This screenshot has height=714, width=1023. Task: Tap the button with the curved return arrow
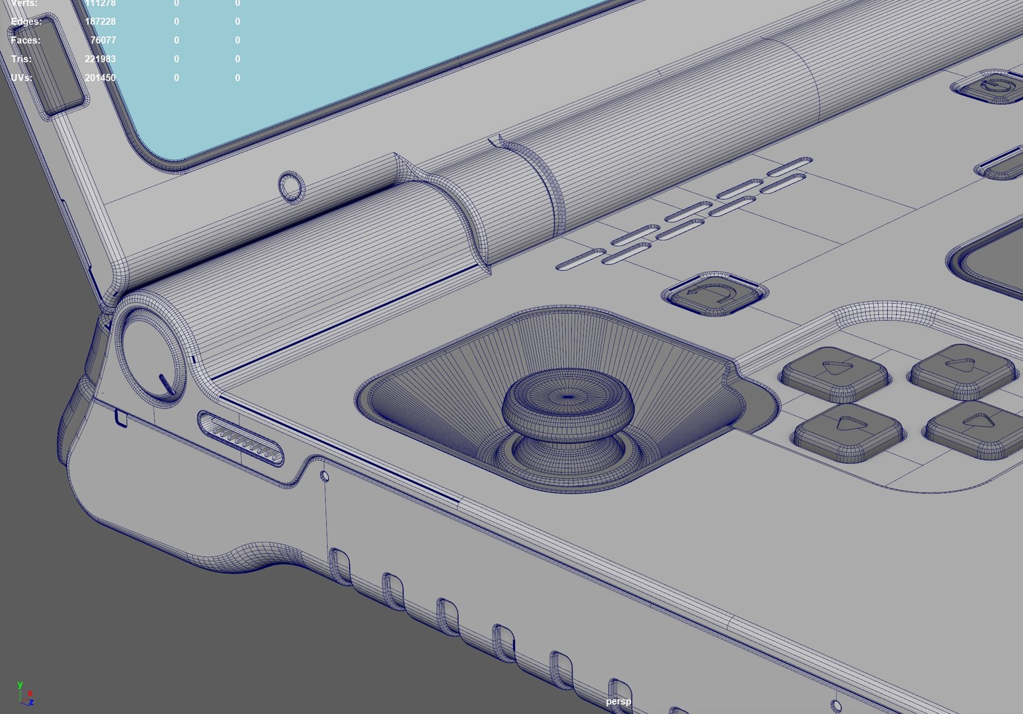pos(714,294)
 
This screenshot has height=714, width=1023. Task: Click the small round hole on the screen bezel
pos(291,186)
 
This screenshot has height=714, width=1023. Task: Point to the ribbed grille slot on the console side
pos(241,438)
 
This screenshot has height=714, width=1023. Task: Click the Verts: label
pos(24,3)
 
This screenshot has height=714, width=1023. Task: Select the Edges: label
pos(26,22)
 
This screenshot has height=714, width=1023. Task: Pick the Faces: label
pos(25,40)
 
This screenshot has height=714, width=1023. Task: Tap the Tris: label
pos(21,59)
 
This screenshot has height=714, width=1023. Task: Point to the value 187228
pos(100,22)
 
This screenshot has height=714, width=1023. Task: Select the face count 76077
pos(102,40)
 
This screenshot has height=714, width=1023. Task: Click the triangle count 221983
pos(100,59)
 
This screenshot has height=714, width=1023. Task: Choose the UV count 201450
pos(100,77)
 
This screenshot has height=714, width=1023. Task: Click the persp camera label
pos(618,701)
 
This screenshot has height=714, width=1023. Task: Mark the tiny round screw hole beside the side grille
pos(324,475)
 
